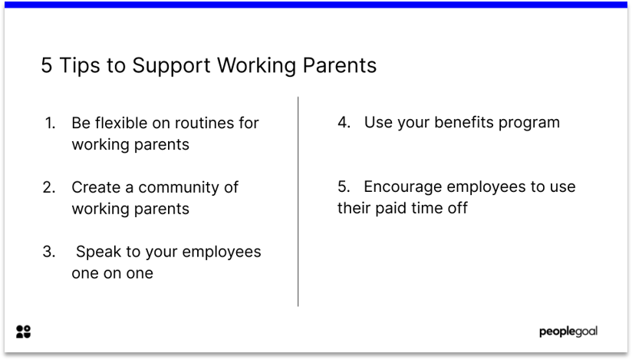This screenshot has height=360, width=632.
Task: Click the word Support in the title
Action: click(171, 66)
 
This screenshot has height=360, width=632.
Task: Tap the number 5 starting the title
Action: click(47, 66)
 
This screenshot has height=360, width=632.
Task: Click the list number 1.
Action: click(50, 123)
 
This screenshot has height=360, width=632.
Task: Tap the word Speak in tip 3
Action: click(97, 252)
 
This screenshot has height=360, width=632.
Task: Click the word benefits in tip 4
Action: click(462, 122)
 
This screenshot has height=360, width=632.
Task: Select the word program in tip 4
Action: click(529, 123)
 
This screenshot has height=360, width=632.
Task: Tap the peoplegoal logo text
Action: click(568, 332)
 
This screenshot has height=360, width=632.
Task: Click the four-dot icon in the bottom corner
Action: click(24, 332)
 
